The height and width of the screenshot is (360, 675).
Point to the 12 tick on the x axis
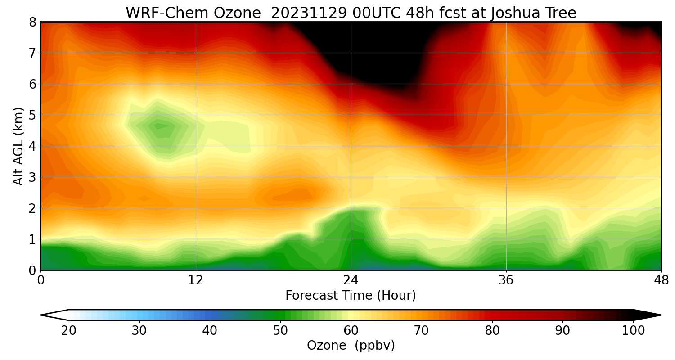click(x=196, y=280)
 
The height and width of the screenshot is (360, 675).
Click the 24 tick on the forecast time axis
click(x=351, y=280)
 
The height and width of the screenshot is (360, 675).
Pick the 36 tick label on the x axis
click(x=506, y=280)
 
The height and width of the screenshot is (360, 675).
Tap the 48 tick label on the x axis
click(x=661, y=280)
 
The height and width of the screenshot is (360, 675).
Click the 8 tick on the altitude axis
click(x=33, y=22)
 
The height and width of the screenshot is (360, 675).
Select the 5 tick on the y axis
click(x=33, y=115)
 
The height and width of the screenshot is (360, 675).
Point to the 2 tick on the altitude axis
click(x=33, y=208)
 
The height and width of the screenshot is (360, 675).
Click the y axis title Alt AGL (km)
click(x=18, y=146)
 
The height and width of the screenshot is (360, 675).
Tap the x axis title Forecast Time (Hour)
click(x=351, y=296)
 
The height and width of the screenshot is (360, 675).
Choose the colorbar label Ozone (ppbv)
click(x=351, y=346)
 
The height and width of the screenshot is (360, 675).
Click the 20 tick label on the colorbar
click(x=69, y=331)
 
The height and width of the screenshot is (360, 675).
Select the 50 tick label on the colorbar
click(x=280, y=331)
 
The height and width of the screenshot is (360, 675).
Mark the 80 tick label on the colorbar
click(x=492, y=331)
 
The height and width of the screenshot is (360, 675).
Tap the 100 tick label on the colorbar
click(x=633, y=331)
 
